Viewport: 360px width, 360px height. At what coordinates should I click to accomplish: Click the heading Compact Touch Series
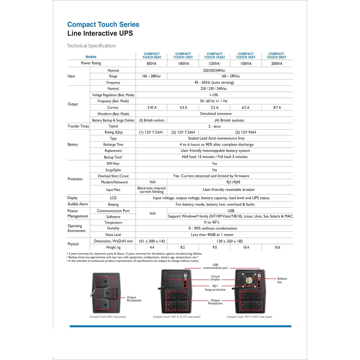103,25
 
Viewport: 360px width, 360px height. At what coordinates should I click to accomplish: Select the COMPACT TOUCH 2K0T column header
276,56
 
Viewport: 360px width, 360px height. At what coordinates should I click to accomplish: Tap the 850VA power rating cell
151,64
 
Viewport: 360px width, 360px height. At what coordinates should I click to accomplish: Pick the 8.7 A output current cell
277,108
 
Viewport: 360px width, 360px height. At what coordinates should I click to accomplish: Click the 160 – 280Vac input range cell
151,76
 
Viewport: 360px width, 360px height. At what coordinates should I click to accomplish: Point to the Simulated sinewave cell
214,114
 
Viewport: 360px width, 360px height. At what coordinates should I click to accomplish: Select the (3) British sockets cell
152,120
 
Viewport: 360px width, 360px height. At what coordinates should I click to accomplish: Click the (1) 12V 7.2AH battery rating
151,133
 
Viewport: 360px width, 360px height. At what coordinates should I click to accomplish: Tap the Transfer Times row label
78,126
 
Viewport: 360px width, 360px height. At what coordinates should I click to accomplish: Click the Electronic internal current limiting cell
151,190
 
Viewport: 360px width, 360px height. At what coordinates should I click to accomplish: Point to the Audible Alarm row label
78,204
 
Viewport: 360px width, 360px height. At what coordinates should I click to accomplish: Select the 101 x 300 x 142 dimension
151,241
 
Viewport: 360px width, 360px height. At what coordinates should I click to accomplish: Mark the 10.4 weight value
246,247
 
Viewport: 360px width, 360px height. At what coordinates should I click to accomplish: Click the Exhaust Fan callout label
282,280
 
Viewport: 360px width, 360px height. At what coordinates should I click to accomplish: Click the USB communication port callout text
215,266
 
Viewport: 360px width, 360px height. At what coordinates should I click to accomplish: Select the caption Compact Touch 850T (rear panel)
108,317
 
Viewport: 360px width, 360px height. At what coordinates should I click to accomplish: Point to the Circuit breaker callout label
215,278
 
